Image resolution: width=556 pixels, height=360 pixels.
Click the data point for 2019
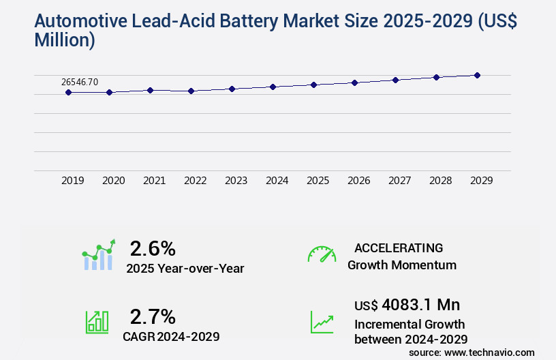(x=69, y=92)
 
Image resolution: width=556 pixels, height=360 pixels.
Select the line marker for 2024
(x=273, y=87)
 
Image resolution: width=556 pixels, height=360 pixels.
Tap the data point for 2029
(x=477, y=75)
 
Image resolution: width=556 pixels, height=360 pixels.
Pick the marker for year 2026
(x=354, y=82)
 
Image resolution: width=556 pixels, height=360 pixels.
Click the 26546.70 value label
(x=80, y=82)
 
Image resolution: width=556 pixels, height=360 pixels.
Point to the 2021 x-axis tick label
(x=155, y=181)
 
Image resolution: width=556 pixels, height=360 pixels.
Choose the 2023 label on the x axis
(x=236, y=181)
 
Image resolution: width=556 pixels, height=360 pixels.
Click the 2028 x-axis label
(x=441, y=181)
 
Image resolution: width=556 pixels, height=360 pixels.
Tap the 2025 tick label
(x=318, y=181)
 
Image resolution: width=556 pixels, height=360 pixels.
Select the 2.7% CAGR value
(x=153, y=316)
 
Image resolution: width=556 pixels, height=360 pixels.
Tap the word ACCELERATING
(x=399, y=247)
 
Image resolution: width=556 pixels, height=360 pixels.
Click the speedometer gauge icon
(x=322, y=254)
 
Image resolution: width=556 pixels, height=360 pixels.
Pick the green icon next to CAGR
(x=96, y=322)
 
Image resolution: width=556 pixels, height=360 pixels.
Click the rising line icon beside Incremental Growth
(x=322, y=322)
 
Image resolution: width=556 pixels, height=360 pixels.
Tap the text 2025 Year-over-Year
(x=185, y=269)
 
